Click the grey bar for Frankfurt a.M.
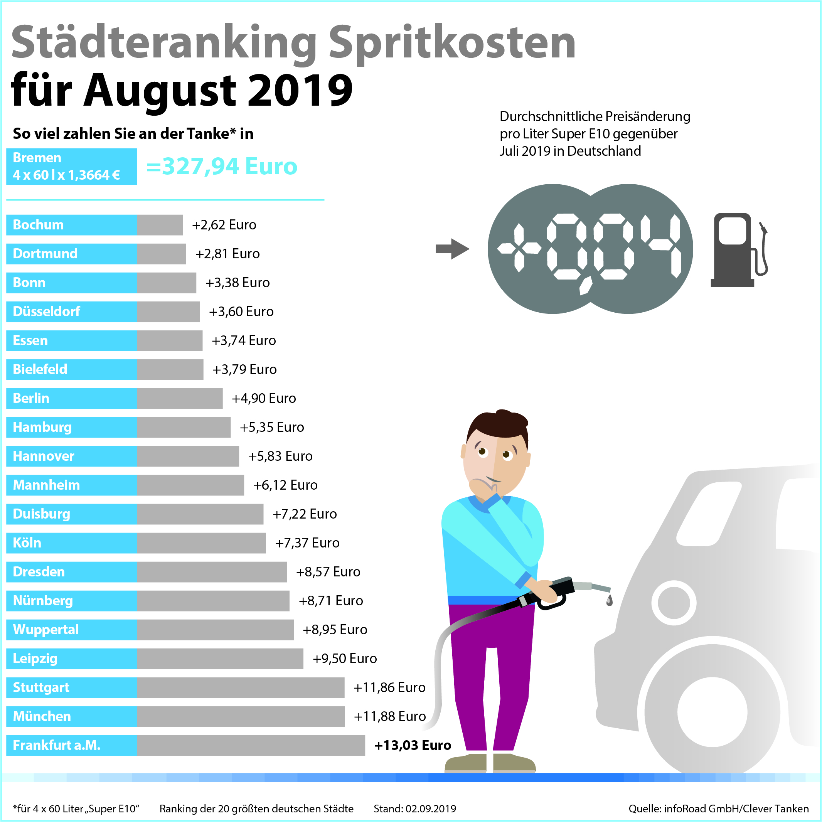(251, 745)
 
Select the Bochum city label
(38, 225)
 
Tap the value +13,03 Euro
(412, 745)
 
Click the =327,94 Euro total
(221, 166)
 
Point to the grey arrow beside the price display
(452, 249)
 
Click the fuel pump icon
(739, 250)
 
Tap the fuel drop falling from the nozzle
(609, 600)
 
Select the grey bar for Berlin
(180, 398)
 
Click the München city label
(42, 716)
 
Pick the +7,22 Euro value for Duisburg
(304, 514)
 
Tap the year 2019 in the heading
(300, 90)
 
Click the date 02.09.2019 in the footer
(431, 809)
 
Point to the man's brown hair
(498, 426)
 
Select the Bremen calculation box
(71, 166)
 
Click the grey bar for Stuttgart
(240, 687)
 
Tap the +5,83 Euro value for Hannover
(280, 456)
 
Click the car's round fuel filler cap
(674, 603)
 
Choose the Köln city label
(27, 543)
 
